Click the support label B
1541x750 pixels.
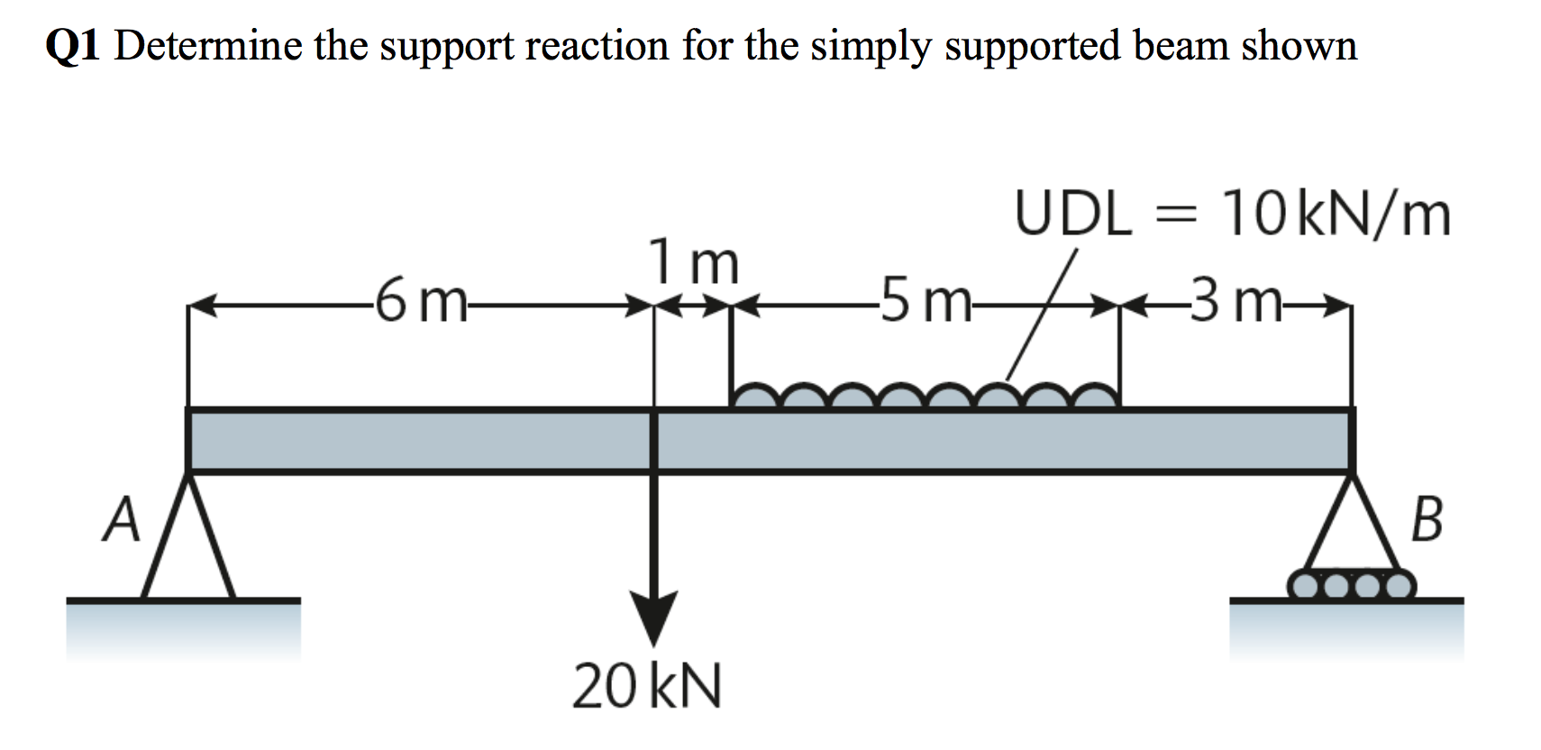pos(1426,521)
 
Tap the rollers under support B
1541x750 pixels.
pos(1352,586)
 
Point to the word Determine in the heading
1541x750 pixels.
pos(209,45)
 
